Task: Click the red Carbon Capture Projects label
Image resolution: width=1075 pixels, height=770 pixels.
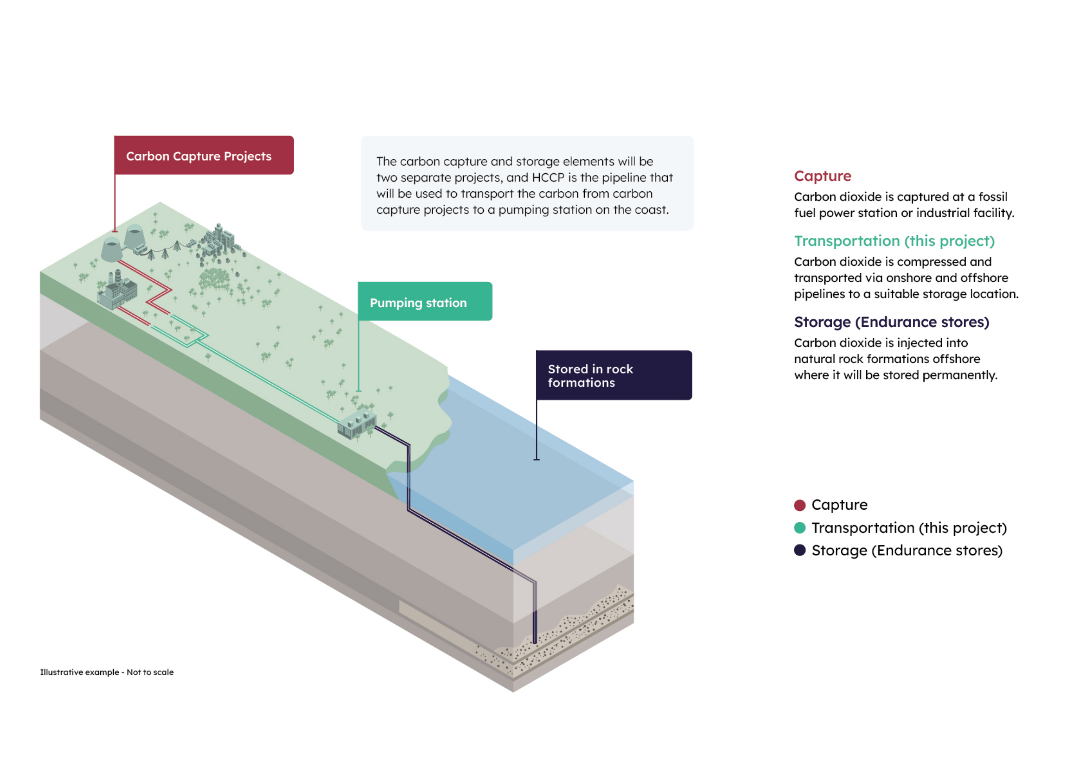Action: pyautogui.click(x=204, y=156)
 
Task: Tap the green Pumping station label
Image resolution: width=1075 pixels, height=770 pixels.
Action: pyautogui.click(x=425, y=302)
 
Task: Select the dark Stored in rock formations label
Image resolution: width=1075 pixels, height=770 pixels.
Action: pyautogui.click(x=613, y=375)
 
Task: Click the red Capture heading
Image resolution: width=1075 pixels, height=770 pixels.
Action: pyautogui.click(x=822, y=176)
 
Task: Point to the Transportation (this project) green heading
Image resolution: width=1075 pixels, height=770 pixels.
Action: pyautogui.click(x=894, y=241)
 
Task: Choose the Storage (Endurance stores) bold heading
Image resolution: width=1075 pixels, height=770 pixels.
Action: pyautogui.click(x=891, y=322)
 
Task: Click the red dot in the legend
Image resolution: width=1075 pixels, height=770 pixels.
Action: pyautogui.click(x=800, y=505)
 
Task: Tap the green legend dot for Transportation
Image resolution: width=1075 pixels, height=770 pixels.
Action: pyautogui.click(x=800, y=528)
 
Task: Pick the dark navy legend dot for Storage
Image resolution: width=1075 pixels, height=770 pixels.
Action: pyautogui.click(x=800, y=550)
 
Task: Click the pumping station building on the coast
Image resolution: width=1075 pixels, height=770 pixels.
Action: pyautogui.click(x=356, y=424)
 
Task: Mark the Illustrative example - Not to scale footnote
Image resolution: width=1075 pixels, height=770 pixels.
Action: pyautogui.click(x=107, y=672)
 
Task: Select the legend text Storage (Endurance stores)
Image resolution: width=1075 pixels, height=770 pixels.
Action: pyautogui.click(x=907, y=551)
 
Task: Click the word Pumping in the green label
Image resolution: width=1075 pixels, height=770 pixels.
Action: pyautogui.click(x=396, y=303)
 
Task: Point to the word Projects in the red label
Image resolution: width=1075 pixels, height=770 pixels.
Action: pyautogui.click(x=248, y=156)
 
